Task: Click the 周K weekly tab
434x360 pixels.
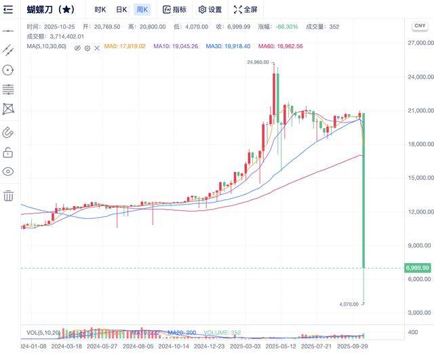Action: (x=142, y=9)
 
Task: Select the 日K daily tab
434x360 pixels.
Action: (x=121, y=9)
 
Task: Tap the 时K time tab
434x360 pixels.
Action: (x=100, y=9)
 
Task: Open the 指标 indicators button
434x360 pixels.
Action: (x=174, y=9)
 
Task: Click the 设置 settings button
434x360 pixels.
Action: (x=210, y=9)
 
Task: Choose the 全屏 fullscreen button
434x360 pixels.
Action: (x=245, y=9)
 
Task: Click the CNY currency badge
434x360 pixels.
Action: (x=419, y=25)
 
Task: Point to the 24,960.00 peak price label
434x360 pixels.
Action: (x=259, y=62)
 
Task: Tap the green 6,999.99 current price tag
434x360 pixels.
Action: (x=417, y=268)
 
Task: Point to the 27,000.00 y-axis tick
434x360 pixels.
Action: (x=420, y=43)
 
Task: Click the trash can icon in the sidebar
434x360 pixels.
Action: (x=8, y=196)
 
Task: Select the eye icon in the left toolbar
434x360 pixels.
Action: (x=8, y=172)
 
